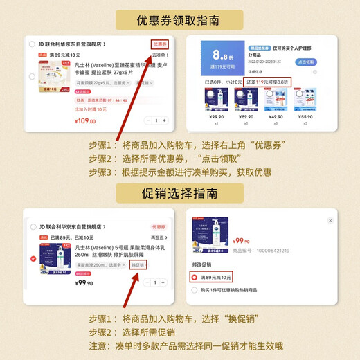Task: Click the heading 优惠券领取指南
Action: tap(180, 20)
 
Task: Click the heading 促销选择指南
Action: tap(180, 190)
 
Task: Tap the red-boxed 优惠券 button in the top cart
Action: tap(160, 44)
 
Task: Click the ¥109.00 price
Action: tap(85, 121)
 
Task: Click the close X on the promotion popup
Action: tap(330, 220)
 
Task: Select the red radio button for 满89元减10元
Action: tap(195, 278)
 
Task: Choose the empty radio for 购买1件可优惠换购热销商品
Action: tap(195, 291)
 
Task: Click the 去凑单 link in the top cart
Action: tap(160, 55)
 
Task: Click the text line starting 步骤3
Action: tap(180, 172)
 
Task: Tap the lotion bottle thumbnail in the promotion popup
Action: tap(211, 235)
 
